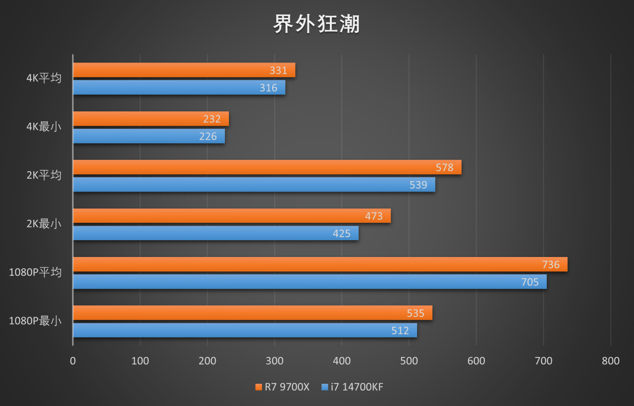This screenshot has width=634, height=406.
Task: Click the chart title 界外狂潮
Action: pos(317,24)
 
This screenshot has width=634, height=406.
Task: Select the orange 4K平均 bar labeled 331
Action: pos(184,70)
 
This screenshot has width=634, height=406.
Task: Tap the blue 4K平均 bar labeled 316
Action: pos(179,88)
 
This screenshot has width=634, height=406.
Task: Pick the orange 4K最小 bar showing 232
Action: pos(151,119)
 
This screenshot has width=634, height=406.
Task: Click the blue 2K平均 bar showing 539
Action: pos(254,185)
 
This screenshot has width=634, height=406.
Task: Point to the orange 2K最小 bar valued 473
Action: pos(231,216)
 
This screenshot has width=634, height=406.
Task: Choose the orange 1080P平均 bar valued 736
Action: pos(319,264)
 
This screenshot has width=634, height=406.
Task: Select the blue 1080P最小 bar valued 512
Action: pos(245,330)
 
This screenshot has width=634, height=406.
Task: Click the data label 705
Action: pos(529,282)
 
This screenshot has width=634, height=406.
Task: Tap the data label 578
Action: pos(444,167)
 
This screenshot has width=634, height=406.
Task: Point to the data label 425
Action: pos(341,234)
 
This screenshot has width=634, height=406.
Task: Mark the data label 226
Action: pos(208,136)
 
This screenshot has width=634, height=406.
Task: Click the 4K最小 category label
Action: pos(44,127)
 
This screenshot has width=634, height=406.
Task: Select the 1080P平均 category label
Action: pos(35,272)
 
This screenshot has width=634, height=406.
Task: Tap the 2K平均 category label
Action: pos(44,175)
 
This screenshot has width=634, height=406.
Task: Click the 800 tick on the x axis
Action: pos(610,361)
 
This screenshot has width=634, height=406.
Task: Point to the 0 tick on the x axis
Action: pos(73,361)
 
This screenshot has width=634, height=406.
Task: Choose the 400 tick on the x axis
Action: pos(342,361)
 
